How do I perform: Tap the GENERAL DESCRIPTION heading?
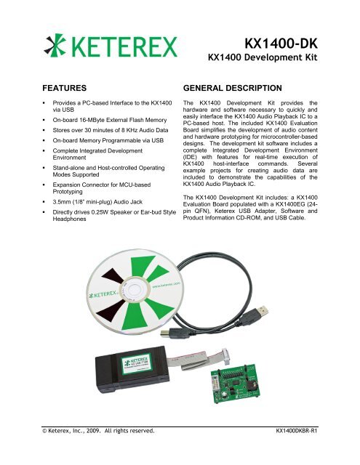click(x=239, y=85)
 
